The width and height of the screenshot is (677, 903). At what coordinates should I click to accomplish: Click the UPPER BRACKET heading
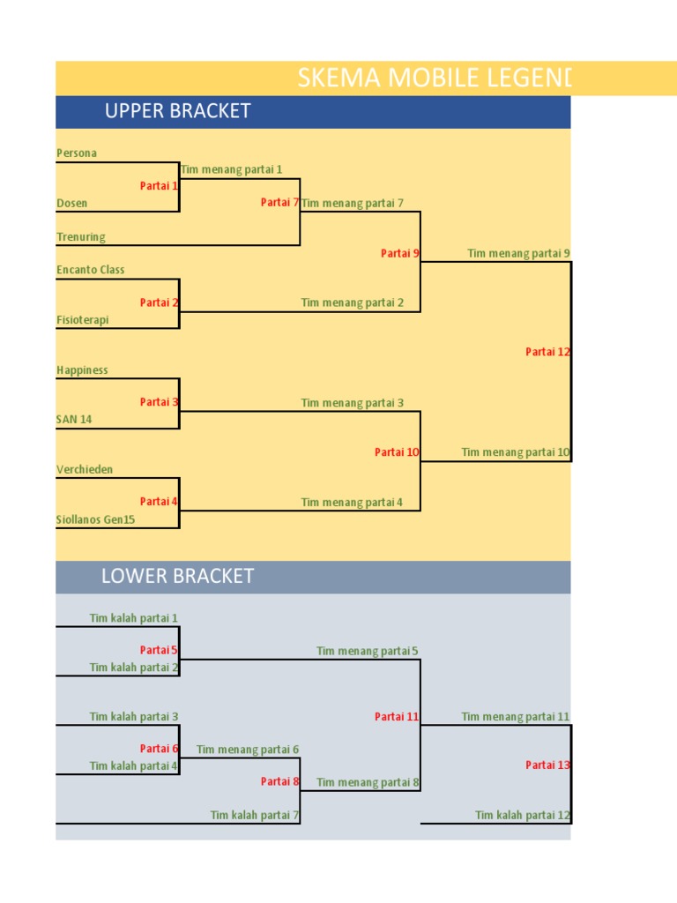click(x=177, y=111)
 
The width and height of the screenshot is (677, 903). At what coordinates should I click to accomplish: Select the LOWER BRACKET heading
click(x=177, y=577)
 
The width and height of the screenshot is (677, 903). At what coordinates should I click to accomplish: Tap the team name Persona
click(x=77, y=153)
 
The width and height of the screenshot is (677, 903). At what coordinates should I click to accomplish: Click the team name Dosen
click(x=72, y=204)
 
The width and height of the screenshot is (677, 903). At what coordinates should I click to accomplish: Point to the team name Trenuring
click(x=81, y=237)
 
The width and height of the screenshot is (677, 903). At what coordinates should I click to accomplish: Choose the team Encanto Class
click(x=91, y=270)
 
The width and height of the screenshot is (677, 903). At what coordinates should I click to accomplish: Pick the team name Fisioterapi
click(x=83, y=320)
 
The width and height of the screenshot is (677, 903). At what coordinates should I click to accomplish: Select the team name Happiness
click(x=82, y=370)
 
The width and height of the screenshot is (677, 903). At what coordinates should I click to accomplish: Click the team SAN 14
click(x=74, y=420)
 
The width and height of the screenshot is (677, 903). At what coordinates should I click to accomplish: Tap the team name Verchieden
click(x=85, y=470)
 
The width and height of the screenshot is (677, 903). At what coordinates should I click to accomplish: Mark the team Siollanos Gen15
click(x=96, y=520)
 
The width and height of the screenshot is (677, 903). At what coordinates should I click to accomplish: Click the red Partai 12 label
click(x=547, y=352)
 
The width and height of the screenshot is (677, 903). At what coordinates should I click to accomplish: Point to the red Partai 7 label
click(x=279, y=203)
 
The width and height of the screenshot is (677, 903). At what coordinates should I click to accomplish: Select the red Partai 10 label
click(x=397, y=452)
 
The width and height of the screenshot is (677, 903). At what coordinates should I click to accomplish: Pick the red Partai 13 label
click(x=547, y=765)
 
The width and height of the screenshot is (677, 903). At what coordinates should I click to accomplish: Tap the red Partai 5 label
click(x=159, y=651)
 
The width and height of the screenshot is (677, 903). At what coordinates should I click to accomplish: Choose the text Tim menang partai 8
click(x=368, y=782)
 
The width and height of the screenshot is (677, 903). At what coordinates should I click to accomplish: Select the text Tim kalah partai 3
click(x=134, y=717)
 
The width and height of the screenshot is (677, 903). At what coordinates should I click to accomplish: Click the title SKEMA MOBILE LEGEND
click(x=435, y=78)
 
